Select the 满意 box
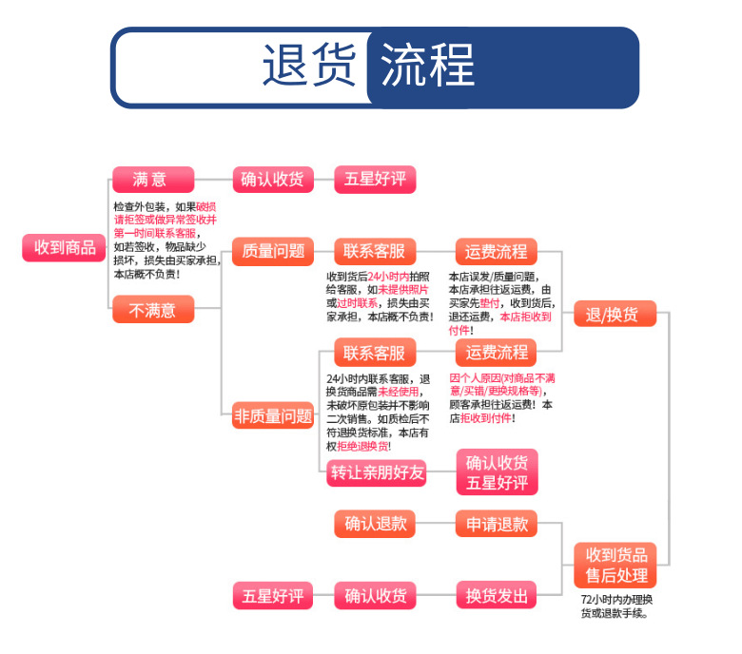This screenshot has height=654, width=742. coord(152,179)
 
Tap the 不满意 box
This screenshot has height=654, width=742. coord(152,309)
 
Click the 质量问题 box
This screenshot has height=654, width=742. coord(273,251)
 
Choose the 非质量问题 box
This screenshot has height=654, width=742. coord(273,414)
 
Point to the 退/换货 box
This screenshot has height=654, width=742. coord(615,315)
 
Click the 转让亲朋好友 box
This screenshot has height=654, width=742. coord(377,472)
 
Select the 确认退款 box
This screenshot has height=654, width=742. coord(375,523)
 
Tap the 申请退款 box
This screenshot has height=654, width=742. coord(497,523)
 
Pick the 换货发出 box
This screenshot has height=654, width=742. coord(497,596)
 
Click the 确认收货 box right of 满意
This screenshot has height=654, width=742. coord(273,179)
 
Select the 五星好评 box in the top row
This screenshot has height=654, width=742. coord(375,179)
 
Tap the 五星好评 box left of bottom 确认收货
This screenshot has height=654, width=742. coord(273,596)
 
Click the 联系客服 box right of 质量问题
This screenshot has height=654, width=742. coord(375,251)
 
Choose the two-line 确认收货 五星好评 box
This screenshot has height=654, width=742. coord(497,471)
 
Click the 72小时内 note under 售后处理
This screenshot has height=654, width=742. coord(615,606)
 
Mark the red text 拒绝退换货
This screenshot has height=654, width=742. coord(361,445)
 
